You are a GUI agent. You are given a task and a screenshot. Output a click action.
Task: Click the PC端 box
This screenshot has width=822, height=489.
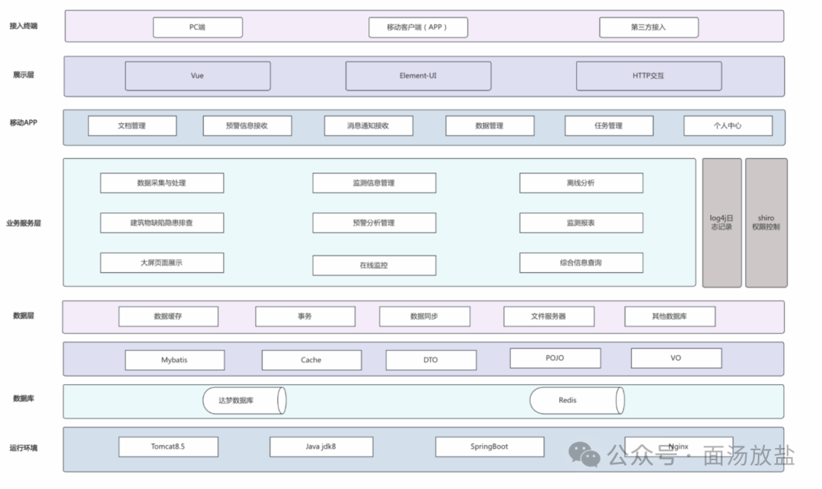pos(198,27)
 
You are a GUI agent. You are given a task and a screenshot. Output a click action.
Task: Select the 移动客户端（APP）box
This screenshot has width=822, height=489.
pos(418,27)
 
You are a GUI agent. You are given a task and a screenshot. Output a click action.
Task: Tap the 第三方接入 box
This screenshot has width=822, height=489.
pos(648,27)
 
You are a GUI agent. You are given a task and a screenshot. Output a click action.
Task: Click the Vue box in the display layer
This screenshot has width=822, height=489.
pos(198,76)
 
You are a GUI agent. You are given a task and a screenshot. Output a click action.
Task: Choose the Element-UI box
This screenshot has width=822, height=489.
pos(419,76)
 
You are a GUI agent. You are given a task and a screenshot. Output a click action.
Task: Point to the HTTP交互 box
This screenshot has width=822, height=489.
pos(648,76)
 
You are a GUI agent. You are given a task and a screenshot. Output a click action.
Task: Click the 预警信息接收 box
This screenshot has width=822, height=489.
pos(247,125)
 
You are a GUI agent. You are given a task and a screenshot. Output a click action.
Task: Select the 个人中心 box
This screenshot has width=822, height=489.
pos(728,125)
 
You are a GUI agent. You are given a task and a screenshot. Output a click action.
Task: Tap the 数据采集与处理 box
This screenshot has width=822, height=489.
pos(162,183)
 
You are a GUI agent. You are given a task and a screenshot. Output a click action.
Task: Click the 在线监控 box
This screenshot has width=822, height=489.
pos(374,265)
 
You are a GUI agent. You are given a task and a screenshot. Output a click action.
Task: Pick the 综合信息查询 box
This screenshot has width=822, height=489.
pos(581,263)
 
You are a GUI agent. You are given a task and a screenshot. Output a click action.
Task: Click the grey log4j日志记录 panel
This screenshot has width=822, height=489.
pos(722,223)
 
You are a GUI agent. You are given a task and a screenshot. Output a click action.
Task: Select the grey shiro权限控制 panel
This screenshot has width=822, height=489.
pos(766,223)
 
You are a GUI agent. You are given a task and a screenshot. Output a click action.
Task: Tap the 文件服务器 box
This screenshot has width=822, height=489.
pos(549,316)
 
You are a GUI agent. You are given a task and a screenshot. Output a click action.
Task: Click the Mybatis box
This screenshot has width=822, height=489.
pos(174,360)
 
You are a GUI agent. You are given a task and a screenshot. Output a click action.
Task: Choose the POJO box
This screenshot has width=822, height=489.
pos(555,358)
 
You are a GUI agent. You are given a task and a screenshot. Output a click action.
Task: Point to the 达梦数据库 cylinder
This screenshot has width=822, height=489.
pos(244,401)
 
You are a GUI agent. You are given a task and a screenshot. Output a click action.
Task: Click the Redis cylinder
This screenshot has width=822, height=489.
pos(577,401)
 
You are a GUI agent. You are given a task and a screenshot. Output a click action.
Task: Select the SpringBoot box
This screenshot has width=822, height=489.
pos(489,446)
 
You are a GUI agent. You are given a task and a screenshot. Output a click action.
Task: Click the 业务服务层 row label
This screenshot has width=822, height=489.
pos(24,223)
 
